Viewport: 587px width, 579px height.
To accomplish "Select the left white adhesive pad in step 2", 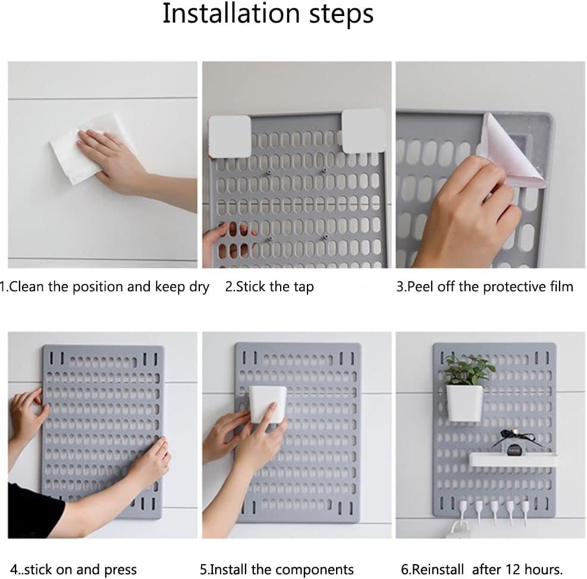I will [230, 136].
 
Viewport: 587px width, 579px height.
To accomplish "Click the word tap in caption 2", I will [303, 287].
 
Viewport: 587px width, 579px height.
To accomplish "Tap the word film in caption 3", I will [560, 287].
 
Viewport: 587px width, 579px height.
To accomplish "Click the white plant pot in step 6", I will [464, 402].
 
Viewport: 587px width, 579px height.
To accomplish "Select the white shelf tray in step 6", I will [512, 459].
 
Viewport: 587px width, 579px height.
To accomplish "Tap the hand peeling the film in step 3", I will [464, 221].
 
